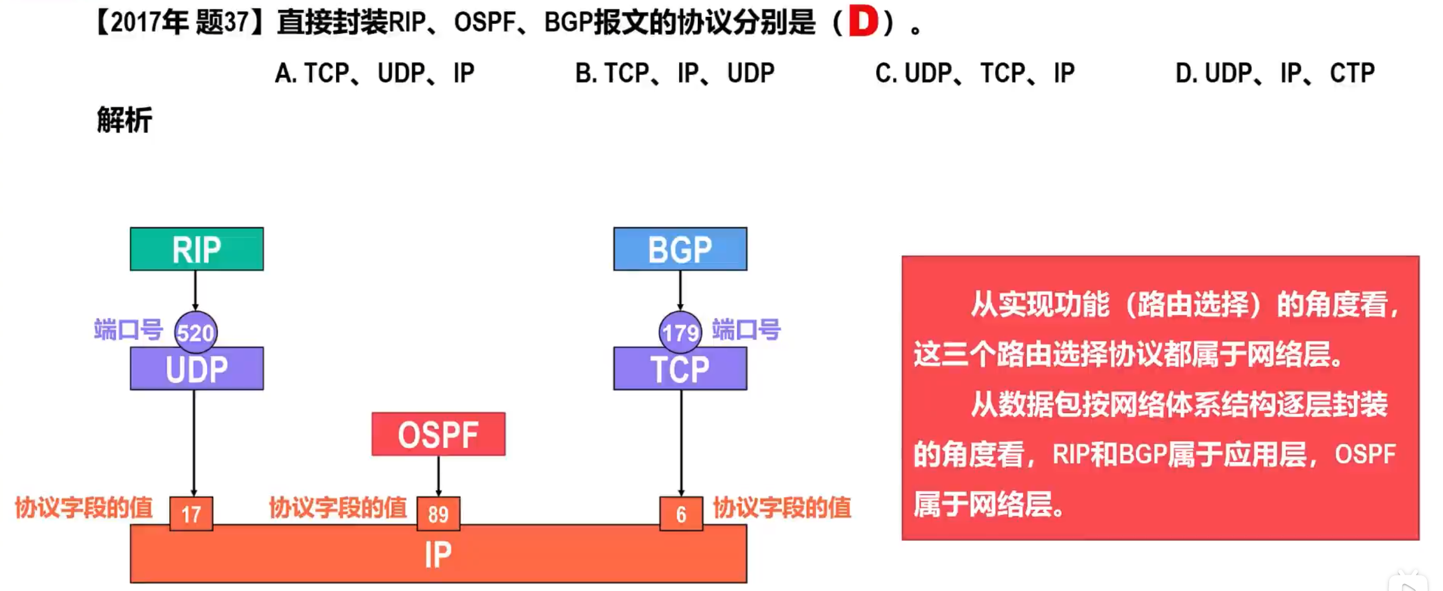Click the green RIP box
(x=196, y=249)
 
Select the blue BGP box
(x=680, y=249)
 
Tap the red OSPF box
(x=438, y=434)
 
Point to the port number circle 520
(x=195, y=332)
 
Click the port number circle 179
(x=680, y=332)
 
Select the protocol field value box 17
(x=191, y=513)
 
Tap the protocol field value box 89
(x=438, y=513)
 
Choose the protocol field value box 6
(x=681, y=513)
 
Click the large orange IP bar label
(x=438, y=554)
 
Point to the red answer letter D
(x=863, y=22)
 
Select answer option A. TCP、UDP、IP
(x=374, y=74)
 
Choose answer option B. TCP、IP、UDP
(x=675, y=74)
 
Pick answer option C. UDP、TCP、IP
(x=975, y=74)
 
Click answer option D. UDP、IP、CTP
(x=1275, y=74)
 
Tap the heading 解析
(x=124, y=120)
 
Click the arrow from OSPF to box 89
(x=438, y=475)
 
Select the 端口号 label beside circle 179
(x=746, y=330)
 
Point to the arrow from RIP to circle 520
(x=195, y=290)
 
